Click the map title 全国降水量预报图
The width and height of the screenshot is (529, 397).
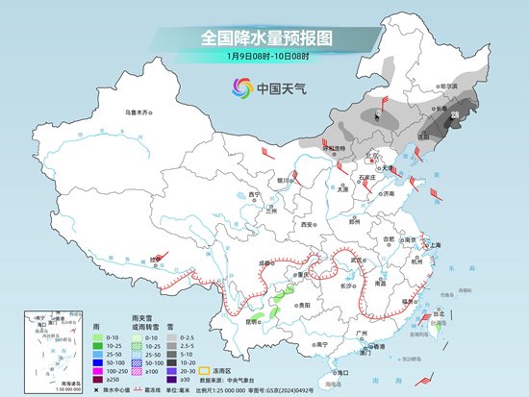tap(264, 38)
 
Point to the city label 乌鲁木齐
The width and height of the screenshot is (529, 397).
tap(139, 112)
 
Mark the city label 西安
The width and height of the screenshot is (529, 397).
tap(307, 223)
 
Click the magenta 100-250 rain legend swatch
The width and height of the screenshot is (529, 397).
tap(97, 369)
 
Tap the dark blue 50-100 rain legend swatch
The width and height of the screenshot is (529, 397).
tap(97, 360)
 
